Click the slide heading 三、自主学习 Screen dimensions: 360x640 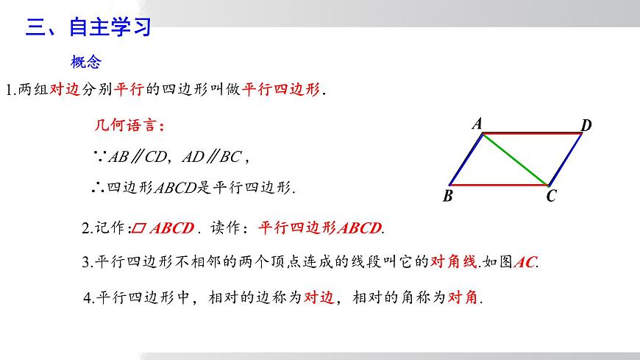[88, 28]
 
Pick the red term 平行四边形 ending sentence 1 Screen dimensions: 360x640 [281, 90]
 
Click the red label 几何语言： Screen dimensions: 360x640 [131, 125]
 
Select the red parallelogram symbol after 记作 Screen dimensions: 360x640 [138, 228]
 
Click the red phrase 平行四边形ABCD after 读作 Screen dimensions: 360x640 [320, 228]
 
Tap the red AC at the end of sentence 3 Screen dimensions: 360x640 [525, 261]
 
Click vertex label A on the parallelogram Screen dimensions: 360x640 [476, 124]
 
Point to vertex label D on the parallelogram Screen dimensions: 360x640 [586, 126]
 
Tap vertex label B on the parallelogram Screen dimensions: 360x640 [447, 196]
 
